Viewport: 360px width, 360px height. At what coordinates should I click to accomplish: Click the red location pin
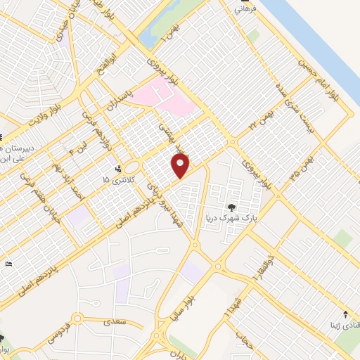coord(181,166)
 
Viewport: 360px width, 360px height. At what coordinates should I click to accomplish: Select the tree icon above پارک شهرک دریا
coord(232,207)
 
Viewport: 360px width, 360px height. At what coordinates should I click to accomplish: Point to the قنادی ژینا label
coord(337,326)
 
